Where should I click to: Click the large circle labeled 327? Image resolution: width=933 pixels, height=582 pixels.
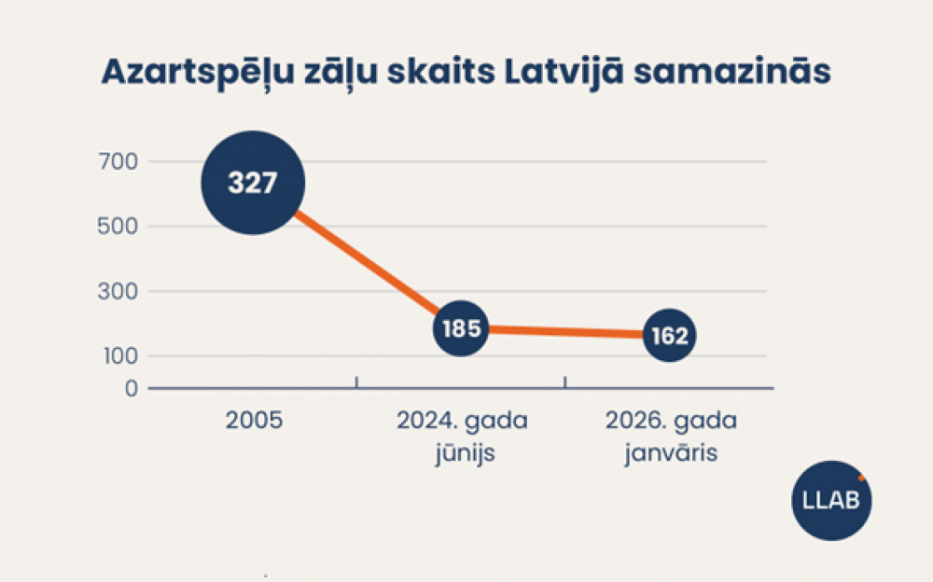[x=253, y=182]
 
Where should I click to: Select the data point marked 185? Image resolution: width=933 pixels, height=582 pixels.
[x=461, y=328]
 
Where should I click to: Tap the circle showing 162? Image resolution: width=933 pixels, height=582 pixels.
[x=669, y=336]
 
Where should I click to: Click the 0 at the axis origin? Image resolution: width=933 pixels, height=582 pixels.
[x=131, y=388]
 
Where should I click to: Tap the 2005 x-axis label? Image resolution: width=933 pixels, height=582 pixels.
[x=254, y=421]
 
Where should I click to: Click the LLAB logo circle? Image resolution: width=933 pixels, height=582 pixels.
[x=831, y=500]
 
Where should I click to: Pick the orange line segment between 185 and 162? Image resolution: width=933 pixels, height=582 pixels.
[x=564, y=332]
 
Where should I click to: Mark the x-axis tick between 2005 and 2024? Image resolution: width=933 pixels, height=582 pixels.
[x=357, y=381]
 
